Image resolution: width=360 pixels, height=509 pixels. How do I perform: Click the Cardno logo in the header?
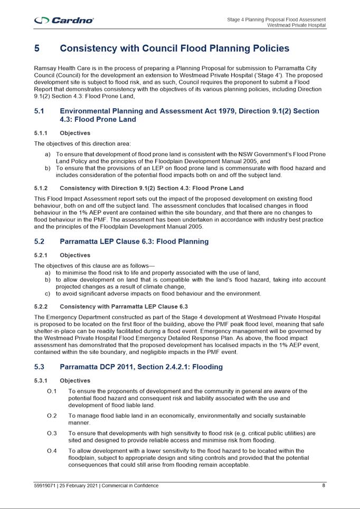pos(64,21)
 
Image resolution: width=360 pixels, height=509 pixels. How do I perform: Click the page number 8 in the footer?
pos(324,486)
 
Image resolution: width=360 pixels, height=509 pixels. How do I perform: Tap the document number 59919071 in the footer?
pos(46,486)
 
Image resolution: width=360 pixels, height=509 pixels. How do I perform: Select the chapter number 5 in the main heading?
pos(37,49)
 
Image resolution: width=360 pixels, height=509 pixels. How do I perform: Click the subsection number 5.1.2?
pos(41,188)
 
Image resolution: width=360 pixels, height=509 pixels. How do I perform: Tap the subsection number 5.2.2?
pos(41,306)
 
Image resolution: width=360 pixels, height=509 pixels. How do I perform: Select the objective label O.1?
pos(52,391)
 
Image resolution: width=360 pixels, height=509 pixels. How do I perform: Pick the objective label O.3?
pos(52,434)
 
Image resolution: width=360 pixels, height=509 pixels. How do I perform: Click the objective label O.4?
pos(52,451)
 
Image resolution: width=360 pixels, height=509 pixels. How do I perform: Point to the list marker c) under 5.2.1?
pos(48,294)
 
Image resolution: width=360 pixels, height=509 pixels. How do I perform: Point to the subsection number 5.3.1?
pos(41,380)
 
